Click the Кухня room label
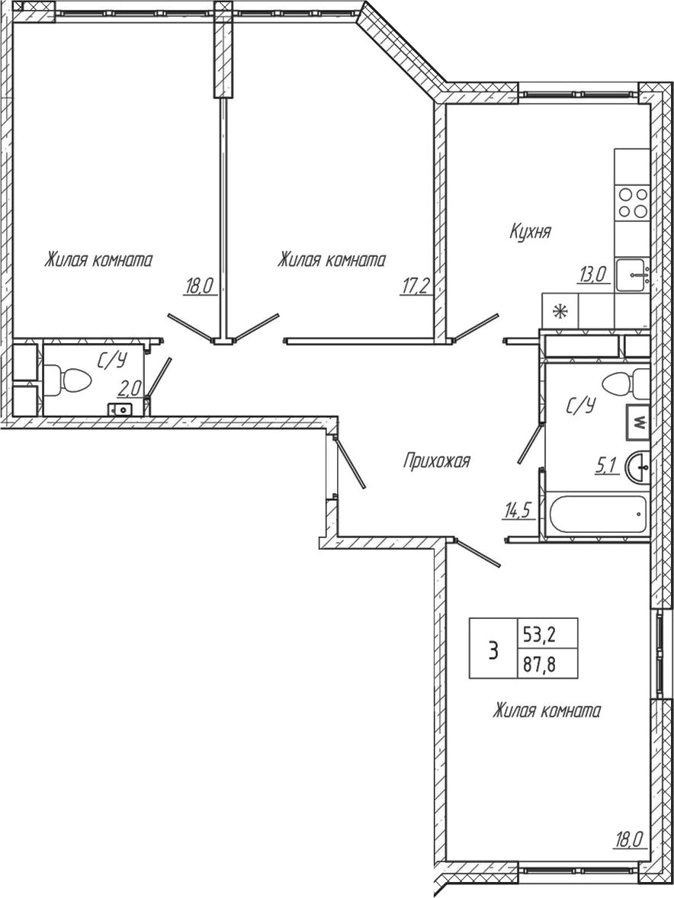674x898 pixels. [x=530, y=232]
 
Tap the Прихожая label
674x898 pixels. [x=436, y=460]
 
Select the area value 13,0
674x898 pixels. [x=591, y=274]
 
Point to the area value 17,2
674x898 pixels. [x=416, y=286]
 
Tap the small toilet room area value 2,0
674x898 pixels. [x=130, y=389]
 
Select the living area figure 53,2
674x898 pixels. [x=538, y=633]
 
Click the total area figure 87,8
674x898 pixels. [x=538, y=663]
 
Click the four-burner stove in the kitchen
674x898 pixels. [x=632, y=203]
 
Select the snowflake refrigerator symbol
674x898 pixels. [x=560, y=311]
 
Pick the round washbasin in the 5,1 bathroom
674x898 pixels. [x=638, y=467]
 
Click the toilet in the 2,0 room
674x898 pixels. [x=67, y=379]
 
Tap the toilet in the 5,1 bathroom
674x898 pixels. [x=625, y=382]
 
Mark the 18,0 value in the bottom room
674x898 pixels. [x=630, y=841]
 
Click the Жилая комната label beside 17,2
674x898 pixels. [x=331, y=260]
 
